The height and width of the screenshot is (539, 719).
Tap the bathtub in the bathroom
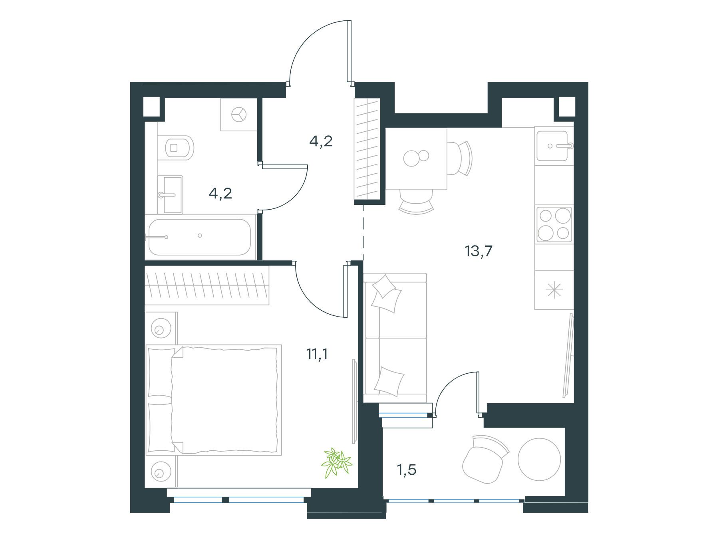point(200,237)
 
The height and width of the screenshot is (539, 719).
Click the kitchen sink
point(554,146)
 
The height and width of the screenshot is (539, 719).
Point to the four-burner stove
point(554,225)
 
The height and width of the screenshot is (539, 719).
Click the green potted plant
point(337,463)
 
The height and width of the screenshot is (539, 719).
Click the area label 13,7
point(479,252)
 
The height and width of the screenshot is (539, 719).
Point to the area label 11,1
point(317,354)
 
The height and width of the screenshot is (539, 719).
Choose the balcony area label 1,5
point(407,470)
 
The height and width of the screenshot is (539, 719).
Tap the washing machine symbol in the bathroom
point(239,115)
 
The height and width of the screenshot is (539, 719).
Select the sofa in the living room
point(395,338)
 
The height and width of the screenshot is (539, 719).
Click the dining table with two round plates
point(416,159)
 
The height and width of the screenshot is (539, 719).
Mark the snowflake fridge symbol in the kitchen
point(554,290)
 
